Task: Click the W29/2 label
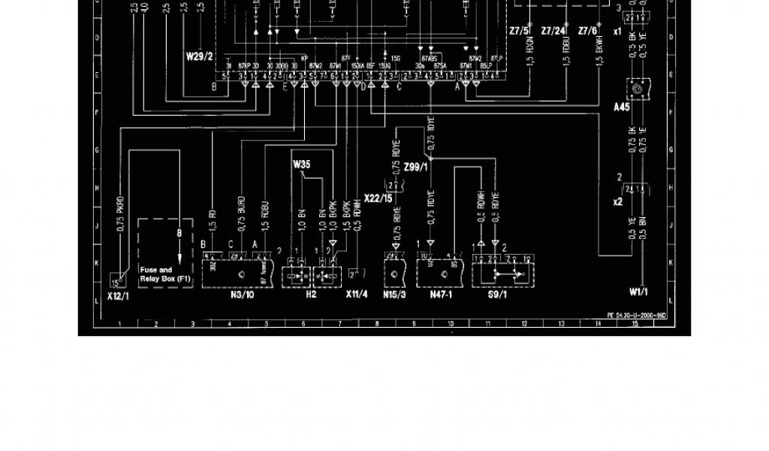coord(201,56)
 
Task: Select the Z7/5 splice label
coord(519,31)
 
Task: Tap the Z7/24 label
coord(553,31)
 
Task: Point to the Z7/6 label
coord(587,31)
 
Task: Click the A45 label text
coord(622,107)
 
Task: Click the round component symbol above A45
coord(637,89)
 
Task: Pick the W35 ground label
coord(301,163)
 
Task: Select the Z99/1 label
coord(416,167)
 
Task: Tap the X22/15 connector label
coord(378,198)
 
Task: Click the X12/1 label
coord(118,296)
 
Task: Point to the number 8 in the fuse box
coord(179,234)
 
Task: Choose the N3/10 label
coord(242,295)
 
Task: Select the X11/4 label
coord(356,295)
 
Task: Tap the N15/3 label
coord(394,295)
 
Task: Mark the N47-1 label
coord(441,295)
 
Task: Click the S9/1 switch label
coord(497,295)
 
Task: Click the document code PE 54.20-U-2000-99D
coord(638,316)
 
